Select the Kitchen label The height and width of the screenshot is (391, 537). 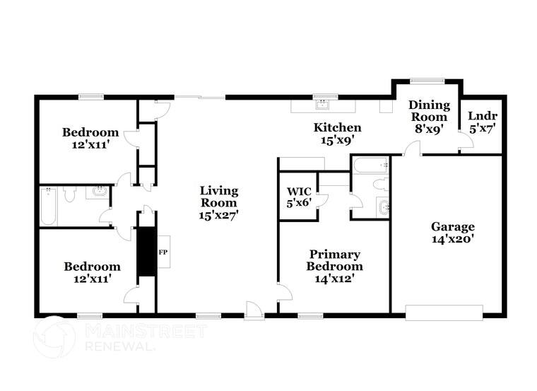[x=338, y=128]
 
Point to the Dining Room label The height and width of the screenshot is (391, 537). [x=429, y=111]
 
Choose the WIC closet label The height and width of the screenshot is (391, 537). [x=299, y=191]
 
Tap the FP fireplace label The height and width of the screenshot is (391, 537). [x=163, y=252]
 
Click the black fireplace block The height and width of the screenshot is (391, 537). [x=146, y=252]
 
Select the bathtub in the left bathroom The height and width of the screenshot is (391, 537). [x=48, y=206]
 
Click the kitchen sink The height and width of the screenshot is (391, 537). [x=323, y=105]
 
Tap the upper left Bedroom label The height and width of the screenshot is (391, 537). [x=90, y=132]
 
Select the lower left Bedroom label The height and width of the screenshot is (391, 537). [x=92, y=267]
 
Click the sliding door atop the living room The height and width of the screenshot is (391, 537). [x=200, y=96]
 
